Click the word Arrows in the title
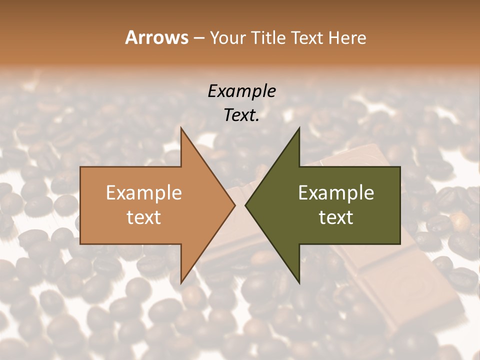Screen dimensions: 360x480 (157, 37)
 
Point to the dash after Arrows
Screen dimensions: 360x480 (198, 38)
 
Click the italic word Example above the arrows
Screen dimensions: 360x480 (241, 91)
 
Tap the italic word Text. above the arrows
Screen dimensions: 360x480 (241, 115)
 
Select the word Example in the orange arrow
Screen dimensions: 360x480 (144, 192)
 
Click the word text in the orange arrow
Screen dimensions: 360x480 (144, 217)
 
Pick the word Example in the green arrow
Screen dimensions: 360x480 (336, 192)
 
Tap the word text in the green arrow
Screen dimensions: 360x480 (336, 217)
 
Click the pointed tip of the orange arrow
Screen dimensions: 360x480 (234, 205)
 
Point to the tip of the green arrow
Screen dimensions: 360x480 (246, 205)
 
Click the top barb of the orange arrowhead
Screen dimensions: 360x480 (182, 130)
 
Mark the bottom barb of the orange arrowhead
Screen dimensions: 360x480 (182, 281)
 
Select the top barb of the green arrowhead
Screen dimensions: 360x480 (298, 130)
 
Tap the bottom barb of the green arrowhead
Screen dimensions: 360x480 (298, 281)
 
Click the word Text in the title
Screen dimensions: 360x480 (309, 37)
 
